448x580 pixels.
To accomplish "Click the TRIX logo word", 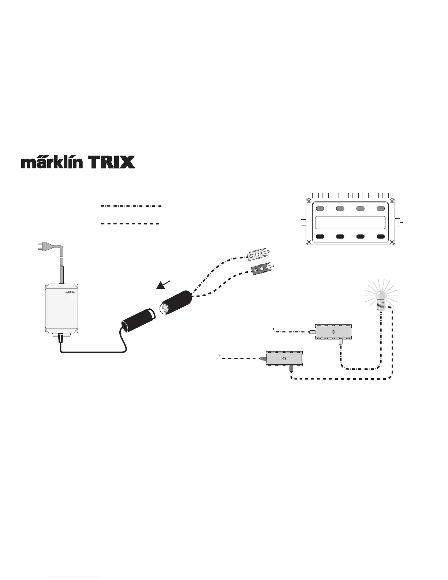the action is pos(111,162).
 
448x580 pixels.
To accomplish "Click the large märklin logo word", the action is pos(52,162).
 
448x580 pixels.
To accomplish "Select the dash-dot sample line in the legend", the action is pos(131,206).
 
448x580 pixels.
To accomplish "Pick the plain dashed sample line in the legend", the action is pos(130,223).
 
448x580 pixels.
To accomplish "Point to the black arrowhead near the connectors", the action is pos(161,285).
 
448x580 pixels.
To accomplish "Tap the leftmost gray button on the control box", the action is pos(320,209).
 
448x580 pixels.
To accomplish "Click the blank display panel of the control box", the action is pos(350,222).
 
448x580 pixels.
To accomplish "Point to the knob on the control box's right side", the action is pos(399,222).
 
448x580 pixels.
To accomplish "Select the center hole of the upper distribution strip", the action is pos(333,332).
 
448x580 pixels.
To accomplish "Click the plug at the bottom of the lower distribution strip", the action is pos(291,368).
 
